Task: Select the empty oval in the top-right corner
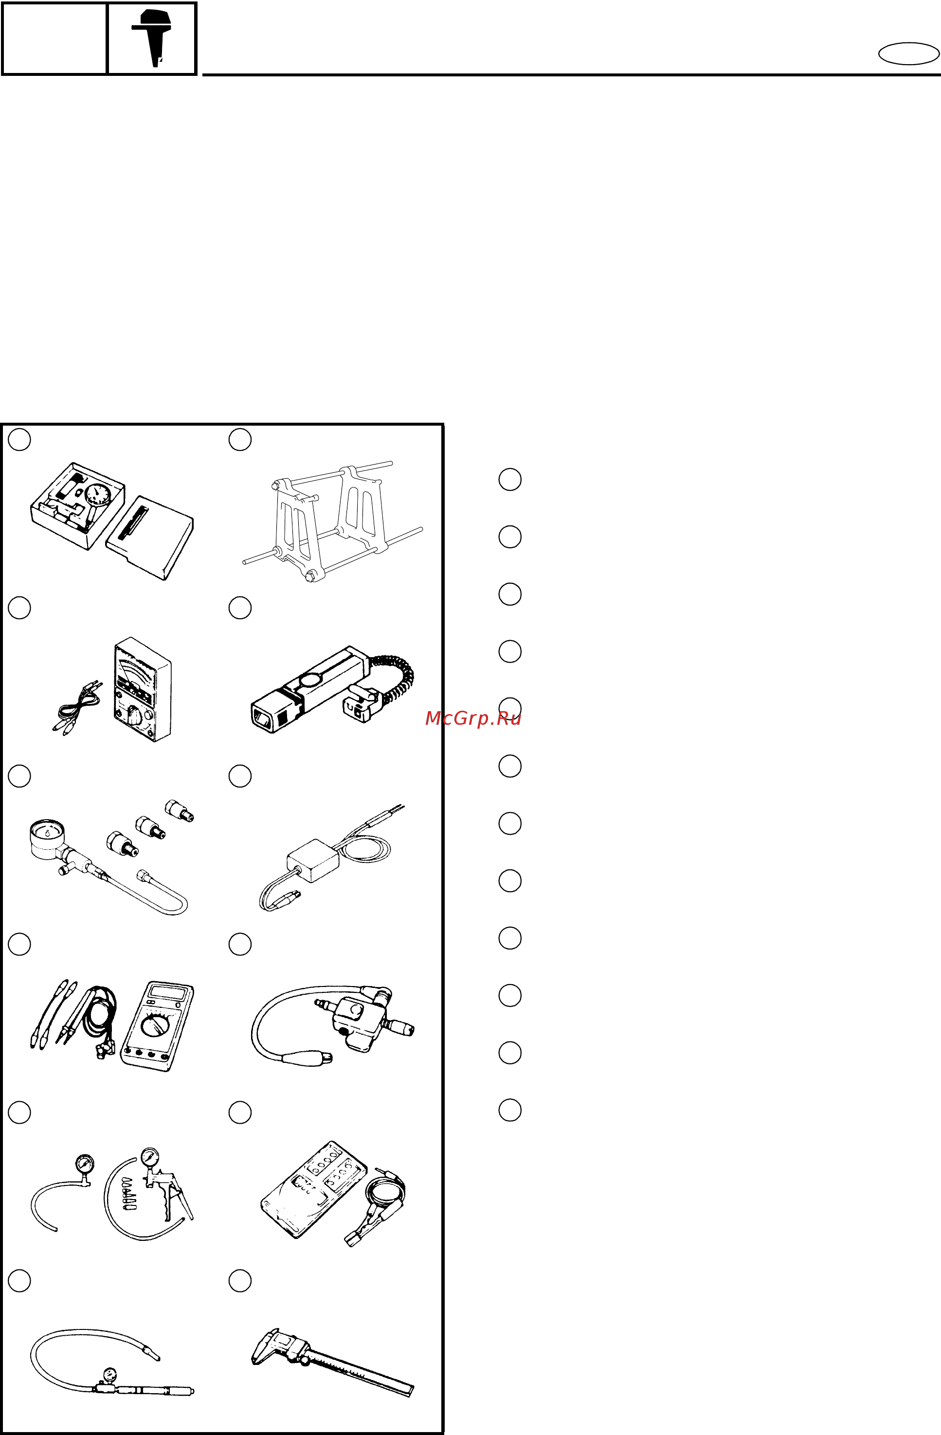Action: (x=908, y=54)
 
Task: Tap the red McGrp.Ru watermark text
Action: (x=473, y=718)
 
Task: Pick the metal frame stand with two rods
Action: (x=333, y=522)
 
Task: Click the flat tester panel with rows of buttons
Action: (x=314, y=1189)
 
